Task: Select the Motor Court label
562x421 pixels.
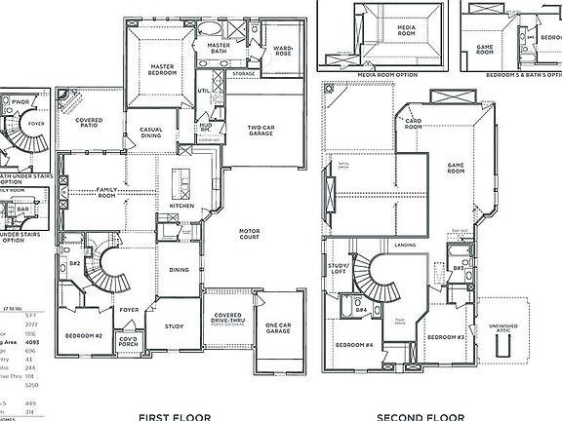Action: coord(256,233)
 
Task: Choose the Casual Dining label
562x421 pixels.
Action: coord(151,133)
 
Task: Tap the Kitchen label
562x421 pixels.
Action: coord(182,206)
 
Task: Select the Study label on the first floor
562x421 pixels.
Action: coord(175,326)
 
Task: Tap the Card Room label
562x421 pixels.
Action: coord(414,124)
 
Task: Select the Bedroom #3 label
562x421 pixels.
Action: coord(446,336)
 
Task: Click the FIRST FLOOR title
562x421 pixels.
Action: coord(175,417)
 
